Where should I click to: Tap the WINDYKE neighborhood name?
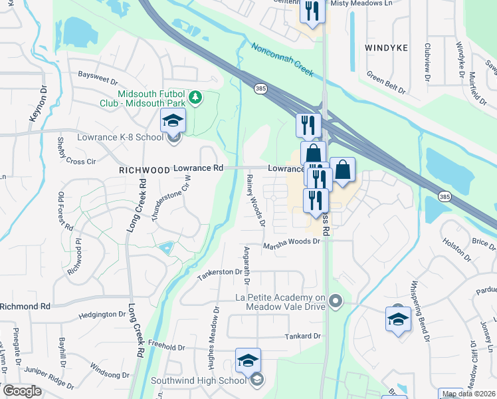[386, 48]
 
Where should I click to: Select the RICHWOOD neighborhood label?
[144, 170]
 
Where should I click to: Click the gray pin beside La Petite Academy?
[336, 302]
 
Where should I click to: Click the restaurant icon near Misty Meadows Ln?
[310, 11]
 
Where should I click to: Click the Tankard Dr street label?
[302, 336]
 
